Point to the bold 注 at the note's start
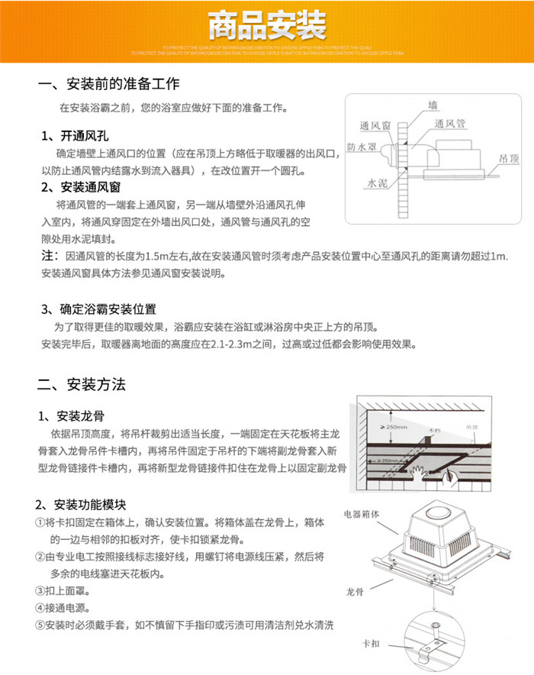click(48, 254)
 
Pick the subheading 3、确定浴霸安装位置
click(98, 308)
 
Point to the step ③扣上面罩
click(62, 590)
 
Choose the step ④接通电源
click(62, 608)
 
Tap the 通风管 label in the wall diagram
click(449, 122)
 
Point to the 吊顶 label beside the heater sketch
click(509, 159)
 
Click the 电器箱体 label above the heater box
click(362, 513)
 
